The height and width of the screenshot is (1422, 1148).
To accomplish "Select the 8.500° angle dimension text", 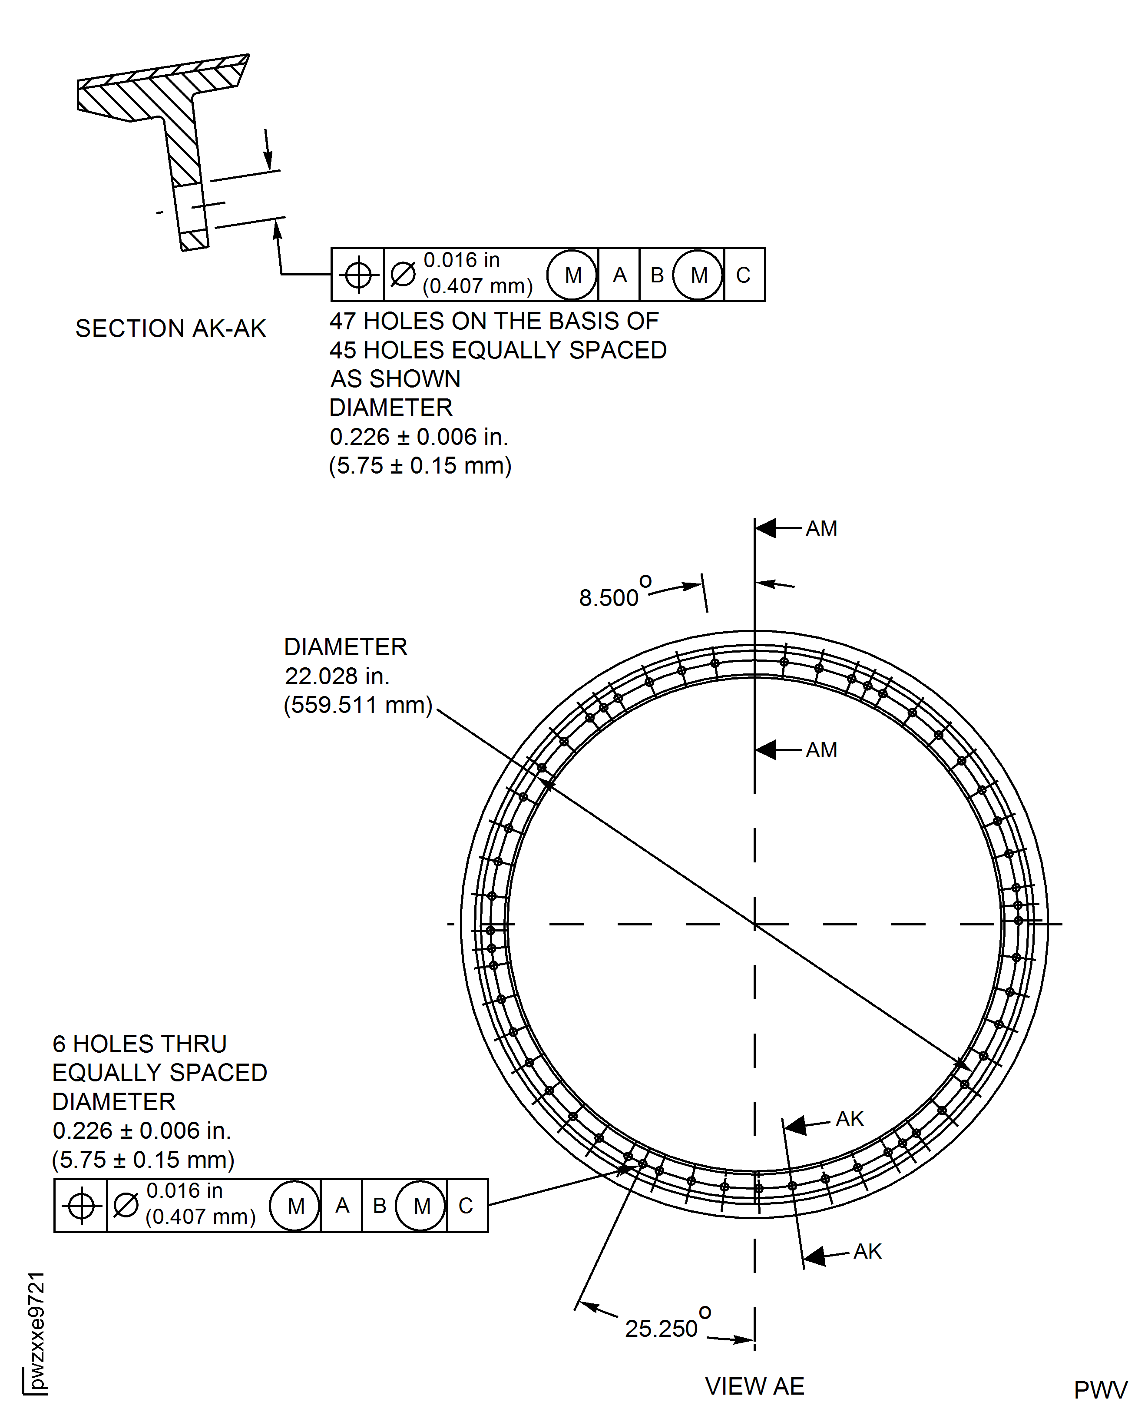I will pyautogui.click(x=609, y=597).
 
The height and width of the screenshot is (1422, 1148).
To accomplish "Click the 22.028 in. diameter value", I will pyautogui.click(x=337, y=676).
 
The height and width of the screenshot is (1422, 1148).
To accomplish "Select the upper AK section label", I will pyautogui.click(x=849, y=1119).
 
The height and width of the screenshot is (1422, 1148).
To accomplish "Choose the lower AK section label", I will pyautogui.click(x=867, y=1251).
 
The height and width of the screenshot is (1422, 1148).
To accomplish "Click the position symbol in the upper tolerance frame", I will pyautogui.click(x=358, y=275).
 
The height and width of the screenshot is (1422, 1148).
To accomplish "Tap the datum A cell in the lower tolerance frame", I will pyautogui.click(x=341, y=1206).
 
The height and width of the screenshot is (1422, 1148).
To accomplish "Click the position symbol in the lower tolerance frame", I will pyautogui.click(x=81, y=1206).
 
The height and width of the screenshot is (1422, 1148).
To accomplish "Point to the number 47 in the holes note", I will pyautogui.click(x=343, y=322).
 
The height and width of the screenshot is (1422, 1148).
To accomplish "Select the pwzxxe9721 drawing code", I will pyautogui.click(x=37, y=1330).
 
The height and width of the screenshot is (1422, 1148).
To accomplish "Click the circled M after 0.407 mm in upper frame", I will pyautogui.click(x=572, y=275).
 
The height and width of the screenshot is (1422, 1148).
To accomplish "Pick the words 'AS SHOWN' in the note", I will pyautogui.click(x=395, y=379).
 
